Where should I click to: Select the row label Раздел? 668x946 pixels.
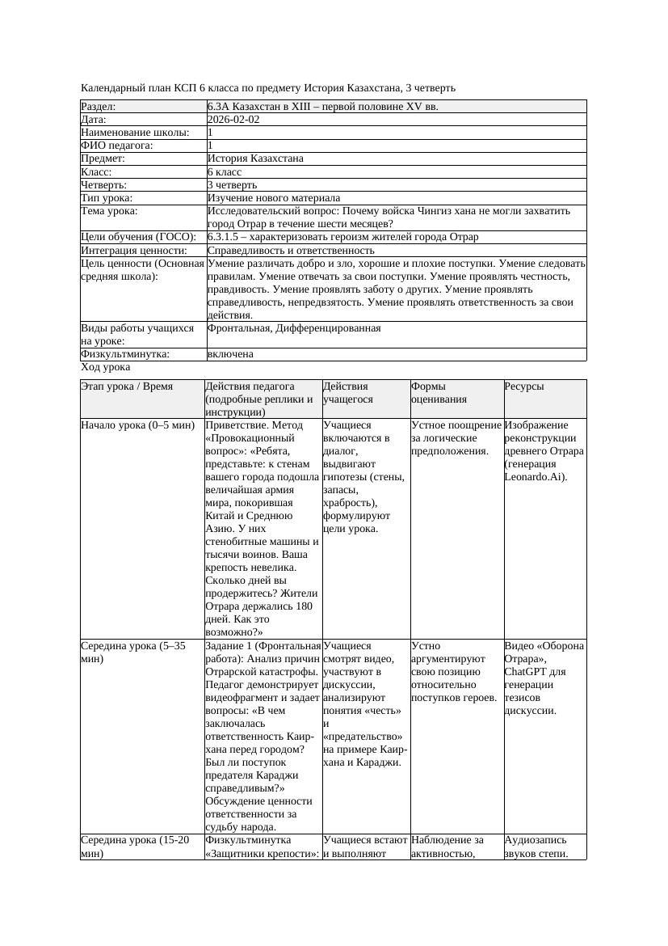[x=99, y=106]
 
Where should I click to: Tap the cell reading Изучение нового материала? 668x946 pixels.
[x=274, y=197]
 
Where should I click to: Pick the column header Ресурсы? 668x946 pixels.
[x=524, y=386]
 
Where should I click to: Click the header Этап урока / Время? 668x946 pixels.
[x=127, y=386]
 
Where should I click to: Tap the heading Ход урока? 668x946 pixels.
[x=106, y=367]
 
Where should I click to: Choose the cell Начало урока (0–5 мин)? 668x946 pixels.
[x=138, y=424]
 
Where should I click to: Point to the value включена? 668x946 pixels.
[x=230, y=354]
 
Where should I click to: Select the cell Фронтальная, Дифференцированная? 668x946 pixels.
[x=294, y=328]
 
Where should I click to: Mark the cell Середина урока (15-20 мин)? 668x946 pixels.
[x=135, y=846]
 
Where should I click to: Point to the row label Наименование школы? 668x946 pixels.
[x=136, y=132]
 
